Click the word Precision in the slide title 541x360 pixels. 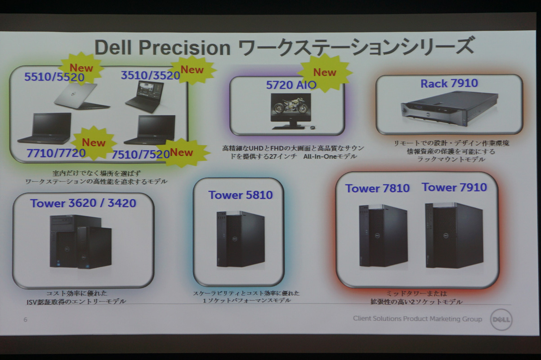click(x=184, y=48)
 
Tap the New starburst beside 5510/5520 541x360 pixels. click(x=81, y=68)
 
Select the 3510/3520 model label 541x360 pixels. click(x=151, y=75)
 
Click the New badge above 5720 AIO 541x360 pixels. click(x=325, y=72)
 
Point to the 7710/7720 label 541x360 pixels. click(x=56, y=153)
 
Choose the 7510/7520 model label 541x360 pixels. click(x=141, y=154)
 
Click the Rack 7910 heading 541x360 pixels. click(x=449, y=83)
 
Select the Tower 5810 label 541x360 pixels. click(x=241, y=195)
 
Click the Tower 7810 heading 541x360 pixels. click(x=377, y=189)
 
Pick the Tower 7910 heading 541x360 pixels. click(x=454, y=188)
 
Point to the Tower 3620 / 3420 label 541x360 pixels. click(x=83, y=203)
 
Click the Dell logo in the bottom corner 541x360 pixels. click(x=501, y=319)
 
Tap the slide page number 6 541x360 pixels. click(x=25, y=319)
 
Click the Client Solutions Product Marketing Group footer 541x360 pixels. click(x=417, y=319)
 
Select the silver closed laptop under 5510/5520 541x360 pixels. click(x=82, y=96)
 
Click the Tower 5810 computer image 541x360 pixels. click(x=241, y=239)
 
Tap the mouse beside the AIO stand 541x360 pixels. click(x=313, y=127)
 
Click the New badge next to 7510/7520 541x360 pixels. click(x=182, y=153)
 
